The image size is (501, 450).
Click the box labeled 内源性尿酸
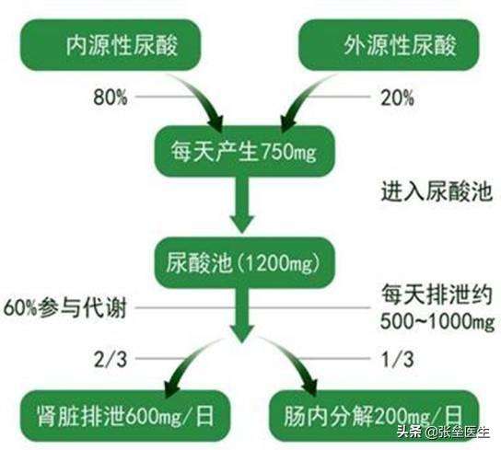click(111, 45)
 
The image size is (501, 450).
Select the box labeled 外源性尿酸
click(389, 45)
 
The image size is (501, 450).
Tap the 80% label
click(111, 98)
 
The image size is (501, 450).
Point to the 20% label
click(397, 98)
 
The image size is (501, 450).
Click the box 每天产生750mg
click(244, 151)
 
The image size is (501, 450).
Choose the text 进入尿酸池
click(437, 191)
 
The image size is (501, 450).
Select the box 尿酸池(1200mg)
click(244, 262)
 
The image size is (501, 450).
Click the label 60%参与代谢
click(64, 308)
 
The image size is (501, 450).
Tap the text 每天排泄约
click(437, 294)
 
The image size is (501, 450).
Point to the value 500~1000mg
click(437, 321)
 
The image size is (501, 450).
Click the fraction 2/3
click(111, 359)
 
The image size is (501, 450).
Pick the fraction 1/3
click(398, 359)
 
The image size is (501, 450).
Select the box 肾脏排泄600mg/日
click(125, 416)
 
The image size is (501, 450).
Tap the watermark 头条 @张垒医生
click(444, 433)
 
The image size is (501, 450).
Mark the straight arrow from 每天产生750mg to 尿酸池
click(242, 204)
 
